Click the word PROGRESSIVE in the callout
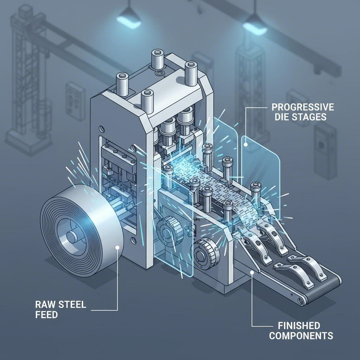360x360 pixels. pyautogui.click(x=302, y=107)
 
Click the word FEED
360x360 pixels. pyautogui.click(x=46, y=315)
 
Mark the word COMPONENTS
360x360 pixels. pyautogui.click(x=301, y=336)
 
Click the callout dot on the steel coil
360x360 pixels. pyautogui.click(x=117, y=248)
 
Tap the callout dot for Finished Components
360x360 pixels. pyautogui.click(x=252, y=272)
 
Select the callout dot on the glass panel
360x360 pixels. pyautogui.click(x=245, y=143)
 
